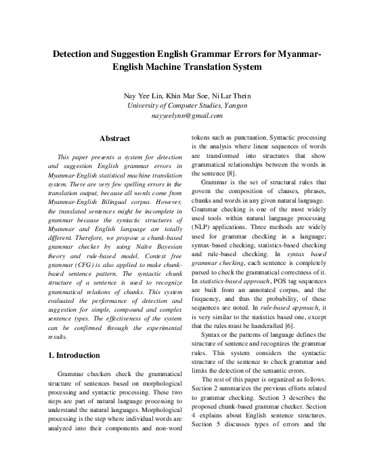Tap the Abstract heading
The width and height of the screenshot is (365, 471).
click(x=115, y=139)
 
